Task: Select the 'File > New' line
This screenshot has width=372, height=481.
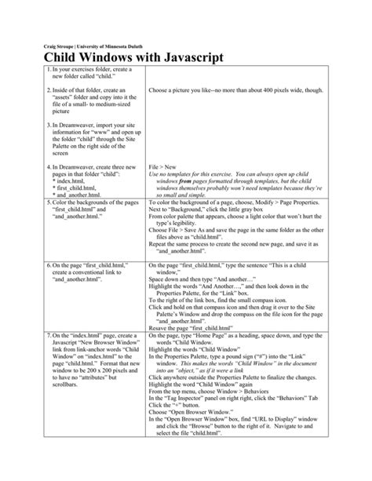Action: point(162,168)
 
